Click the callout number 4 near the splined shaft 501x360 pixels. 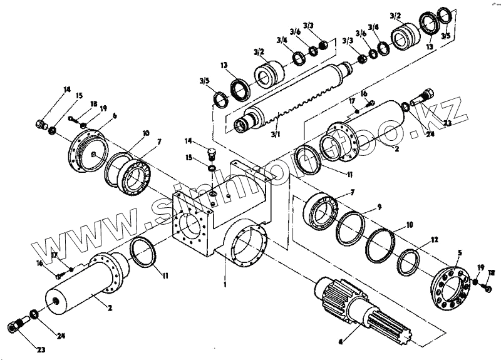340,342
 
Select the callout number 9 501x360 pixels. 379,206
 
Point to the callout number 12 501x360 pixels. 435,239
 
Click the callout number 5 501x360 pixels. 459,254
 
